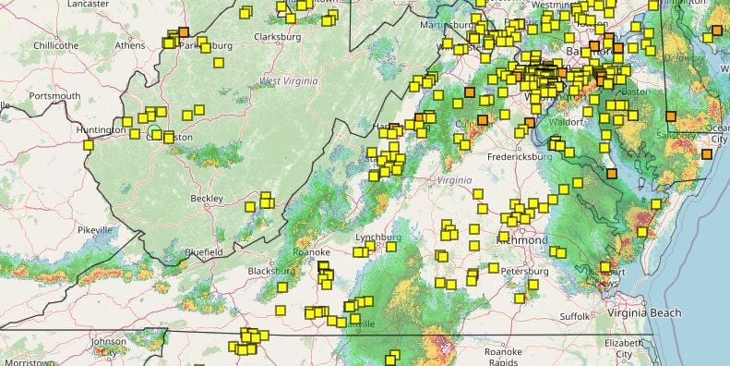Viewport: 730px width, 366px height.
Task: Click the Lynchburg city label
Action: coord(378,238)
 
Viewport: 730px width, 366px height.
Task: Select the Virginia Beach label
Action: coord(644,313)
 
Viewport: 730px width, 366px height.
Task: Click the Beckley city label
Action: coord(206,199)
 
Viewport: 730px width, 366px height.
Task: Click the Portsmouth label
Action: coord(54,95)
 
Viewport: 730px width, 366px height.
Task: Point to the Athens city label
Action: coord(130,44)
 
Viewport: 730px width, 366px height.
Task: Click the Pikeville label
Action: coord(94,229)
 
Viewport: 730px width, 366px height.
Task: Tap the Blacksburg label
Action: coord(270,271)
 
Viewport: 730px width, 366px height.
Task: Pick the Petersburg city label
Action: coord(524,272)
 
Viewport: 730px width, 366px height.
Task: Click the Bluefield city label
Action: coord(203,251)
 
